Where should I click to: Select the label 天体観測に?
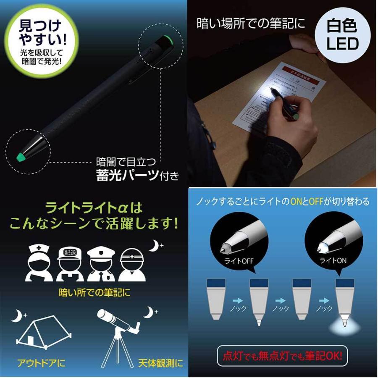click(160, 362)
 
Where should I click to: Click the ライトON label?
click(331, 260)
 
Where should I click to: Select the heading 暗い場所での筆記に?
click(251, 24)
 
